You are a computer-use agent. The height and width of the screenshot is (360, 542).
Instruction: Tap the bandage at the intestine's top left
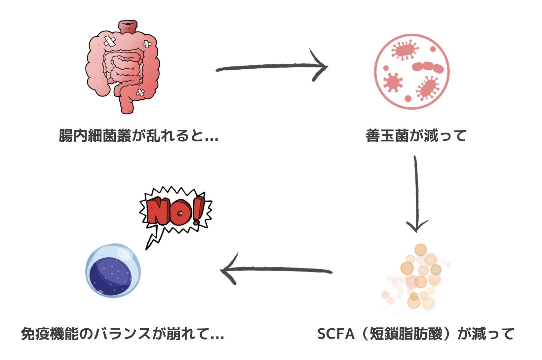[x=110, y=41]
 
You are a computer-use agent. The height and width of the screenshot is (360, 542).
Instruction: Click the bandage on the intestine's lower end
[x=140, y=93]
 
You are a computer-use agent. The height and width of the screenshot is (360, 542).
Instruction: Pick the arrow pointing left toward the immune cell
[x=276, y=270]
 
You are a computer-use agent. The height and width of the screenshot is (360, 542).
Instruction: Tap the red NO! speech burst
[x=175, y=211]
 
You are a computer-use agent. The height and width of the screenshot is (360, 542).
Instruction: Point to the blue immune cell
[x=113, y=271]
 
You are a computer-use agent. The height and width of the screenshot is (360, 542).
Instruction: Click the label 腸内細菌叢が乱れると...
[x=138, y=136]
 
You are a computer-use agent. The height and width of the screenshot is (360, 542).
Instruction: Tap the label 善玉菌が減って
[x=416, y=136]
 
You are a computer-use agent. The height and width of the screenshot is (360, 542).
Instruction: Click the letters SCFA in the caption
[x=336, y=334]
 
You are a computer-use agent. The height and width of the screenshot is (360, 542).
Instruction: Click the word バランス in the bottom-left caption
[x=122, y=334]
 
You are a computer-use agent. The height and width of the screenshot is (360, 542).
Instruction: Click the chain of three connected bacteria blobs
[x=428, y=67]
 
